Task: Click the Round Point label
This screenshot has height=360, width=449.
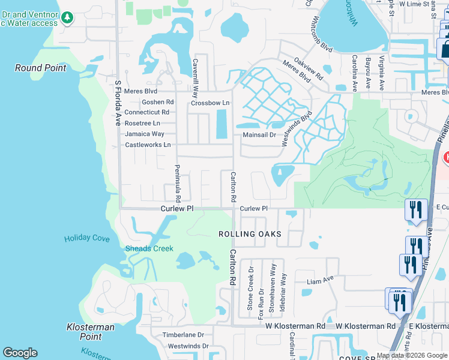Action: pos(40,68)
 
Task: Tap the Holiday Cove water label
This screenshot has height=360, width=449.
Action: pos(87,238)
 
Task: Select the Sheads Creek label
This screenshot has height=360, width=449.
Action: pos(149,248)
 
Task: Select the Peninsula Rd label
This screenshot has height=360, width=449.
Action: pos(178,182)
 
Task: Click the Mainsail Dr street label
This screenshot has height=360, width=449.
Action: pos(259,135)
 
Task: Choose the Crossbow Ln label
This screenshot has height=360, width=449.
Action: pos(210,103)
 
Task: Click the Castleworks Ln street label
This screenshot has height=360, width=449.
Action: pos(148,145)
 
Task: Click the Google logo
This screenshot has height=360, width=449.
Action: pos(20,353)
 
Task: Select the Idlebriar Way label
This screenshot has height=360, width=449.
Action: pos(283,292)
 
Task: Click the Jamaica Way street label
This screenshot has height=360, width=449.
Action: pos(145,134)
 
